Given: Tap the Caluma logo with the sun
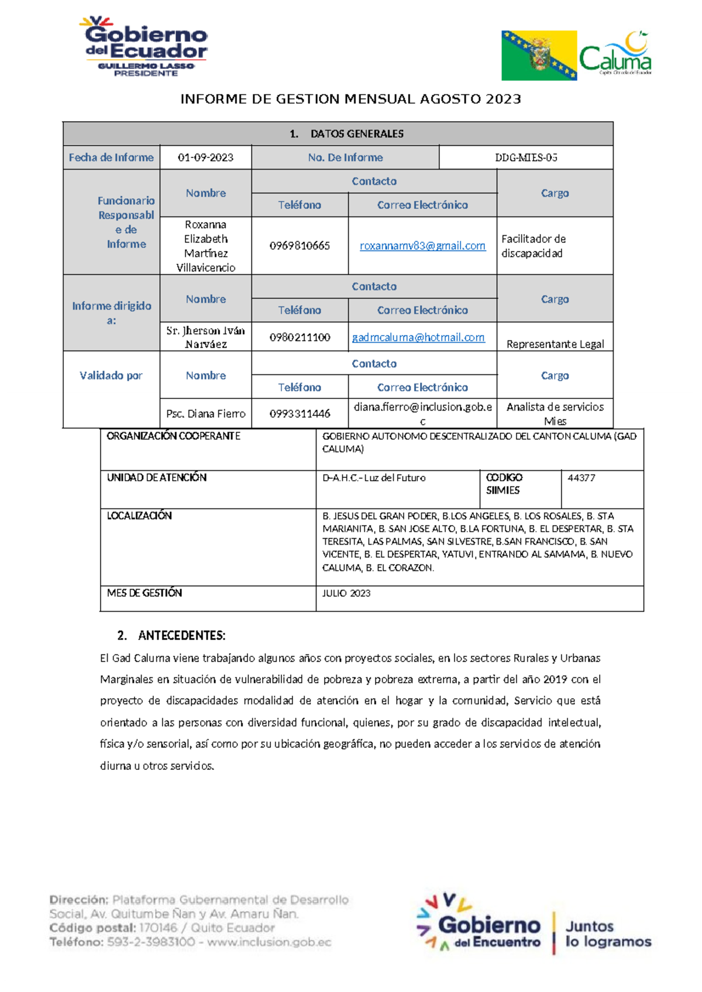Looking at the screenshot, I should [x=615, y=54].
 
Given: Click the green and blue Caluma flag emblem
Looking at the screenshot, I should [x=539, y=56].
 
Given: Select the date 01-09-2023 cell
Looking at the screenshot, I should [x=205, y=157].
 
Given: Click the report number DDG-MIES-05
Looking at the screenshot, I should [x=526, y=157].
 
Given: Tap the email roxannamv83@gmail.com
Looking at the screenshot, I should [x=422, y=246].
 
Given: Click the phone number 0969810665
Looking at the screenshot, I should [x=300, y=246].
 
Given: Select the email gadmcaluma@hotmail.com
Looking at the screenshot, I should [x=418, y=337].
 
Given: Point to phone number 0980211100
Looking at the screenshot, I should [x=300, y=337].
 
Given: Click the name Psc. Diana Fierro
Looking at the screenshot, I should [x=205, y=414].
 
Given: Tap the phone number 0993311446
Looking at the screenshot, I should [x=300, y=414].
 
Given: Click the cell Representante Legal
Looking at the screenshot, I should [x=555, y=344].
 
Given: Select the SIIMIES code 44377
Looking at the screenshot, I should [x=581, y=478].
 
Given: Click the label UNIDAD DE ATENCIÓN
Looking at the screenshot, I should [x=157, y=478].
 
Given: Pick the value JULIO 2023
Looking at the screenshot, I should [x=346, y=593].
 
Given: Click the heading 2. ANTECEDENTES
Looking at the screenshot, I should [x=171, y=635].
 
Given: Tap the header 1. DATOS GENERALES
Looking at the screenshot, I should [x=347, y=134].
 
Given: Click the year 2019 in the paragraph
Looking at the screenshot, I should [x=555, y=679].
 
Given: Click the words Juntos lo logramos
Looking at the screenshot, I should [x=608, y=934].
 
